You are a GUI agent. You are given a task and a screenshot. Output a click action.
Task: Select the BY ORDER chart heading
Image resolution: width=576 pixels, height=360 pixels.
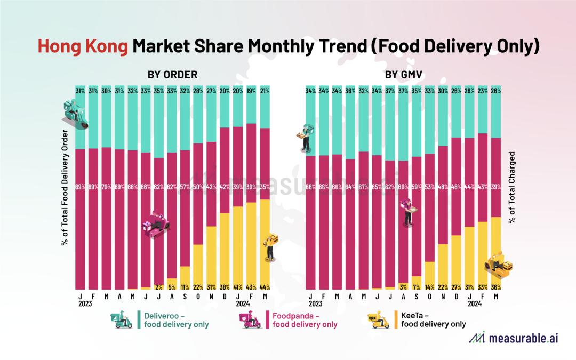[x=172, y=75]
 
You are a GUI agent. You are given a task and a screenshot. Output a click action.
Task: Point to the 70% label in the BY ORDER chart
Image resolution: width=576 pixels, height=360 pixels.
[x=107, y=187]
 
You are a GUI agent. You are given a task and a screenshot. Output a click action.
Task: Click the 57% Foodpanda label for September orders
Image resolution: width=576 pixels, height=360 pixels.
[x=185, y=187]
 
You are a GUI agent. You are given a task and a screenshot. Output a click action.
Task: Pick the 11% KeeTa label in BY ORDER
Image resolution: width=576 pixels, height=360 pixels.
[x=185, y=286]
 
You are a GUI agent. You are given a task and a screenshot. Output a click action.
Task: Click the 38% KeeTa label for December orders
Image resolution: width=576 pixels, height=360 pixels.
[x=224, y=286]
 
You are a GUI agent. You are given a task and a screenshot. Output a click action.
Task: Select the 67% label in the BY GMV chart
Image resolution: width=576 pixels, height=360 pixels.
[x=363, y=187]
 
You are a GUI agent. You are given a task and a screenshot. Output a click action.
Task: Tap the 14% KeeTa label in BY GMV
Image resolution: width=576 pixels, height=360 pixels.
[x=430, y=286]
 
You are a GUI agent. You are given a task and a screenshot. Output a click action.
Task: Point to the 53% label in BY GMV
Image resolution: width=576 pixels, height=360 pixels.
[x=430, y=187]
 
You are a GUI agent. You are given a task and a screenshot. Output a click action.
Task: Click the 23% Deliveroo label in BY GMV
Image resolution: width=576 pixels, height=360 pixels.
[x=483, y=91]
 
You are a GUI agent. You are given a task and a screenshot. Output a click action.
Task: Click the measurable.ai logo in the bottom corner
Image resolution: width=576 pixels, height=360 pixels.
[x=513, y=338]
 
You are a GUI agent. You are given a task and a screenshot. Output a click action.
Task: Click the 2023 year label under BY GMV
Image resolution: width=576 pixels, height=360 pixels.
[x=315, y=303]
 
